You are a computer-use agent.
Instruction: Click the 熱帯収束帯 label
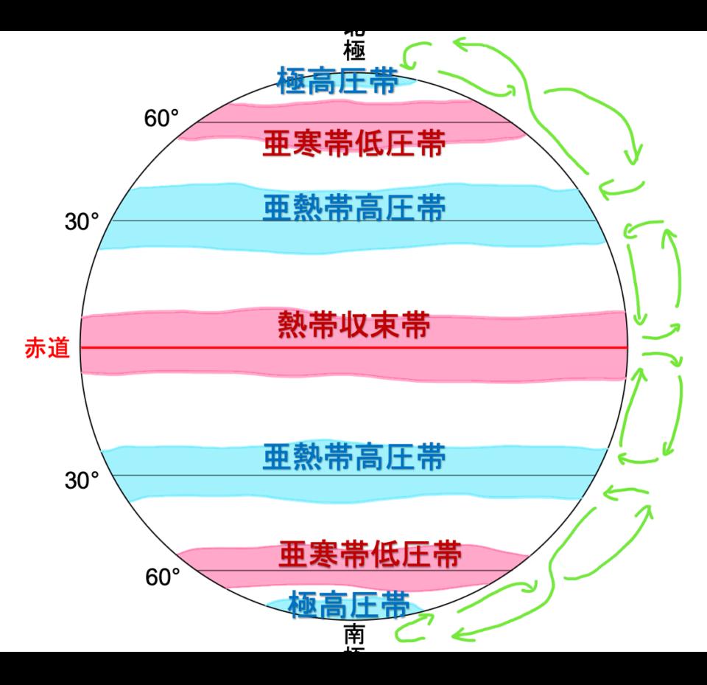pyautogui.click(x=353, y=326)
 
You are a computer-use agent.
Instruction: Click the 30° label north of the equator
pyautogui.click(x=82, y=222)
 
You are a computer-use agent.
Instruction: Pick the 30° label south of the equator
pyautogui.click(x=82, y=481)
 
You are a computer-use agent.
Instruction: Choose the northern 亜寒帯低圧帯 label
pyautogui.click(x=353, y=145)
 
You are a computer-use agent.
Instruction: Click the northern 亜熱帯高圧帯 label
pyautogui.click(x=353, y=209)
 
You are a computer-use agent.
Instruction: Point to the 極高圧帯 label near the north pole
pyautogui.click(x=338, y=81)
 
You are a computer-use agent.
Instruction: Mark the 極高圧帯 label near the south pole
pyautogui.click(x=349, y=605)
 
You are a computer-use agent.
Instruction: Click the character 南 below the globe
pyautogui.click(x=354, y=634)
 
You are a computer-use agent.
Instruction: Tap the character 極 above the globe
pyautogui.click(x=354, y=51)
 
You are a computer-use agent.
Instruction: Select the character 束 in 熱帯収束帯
pyautogui.click(x=383, y=326)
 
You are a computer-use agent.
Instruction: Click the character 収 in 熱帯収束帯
pyautogui.click(x=353, y=326)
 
